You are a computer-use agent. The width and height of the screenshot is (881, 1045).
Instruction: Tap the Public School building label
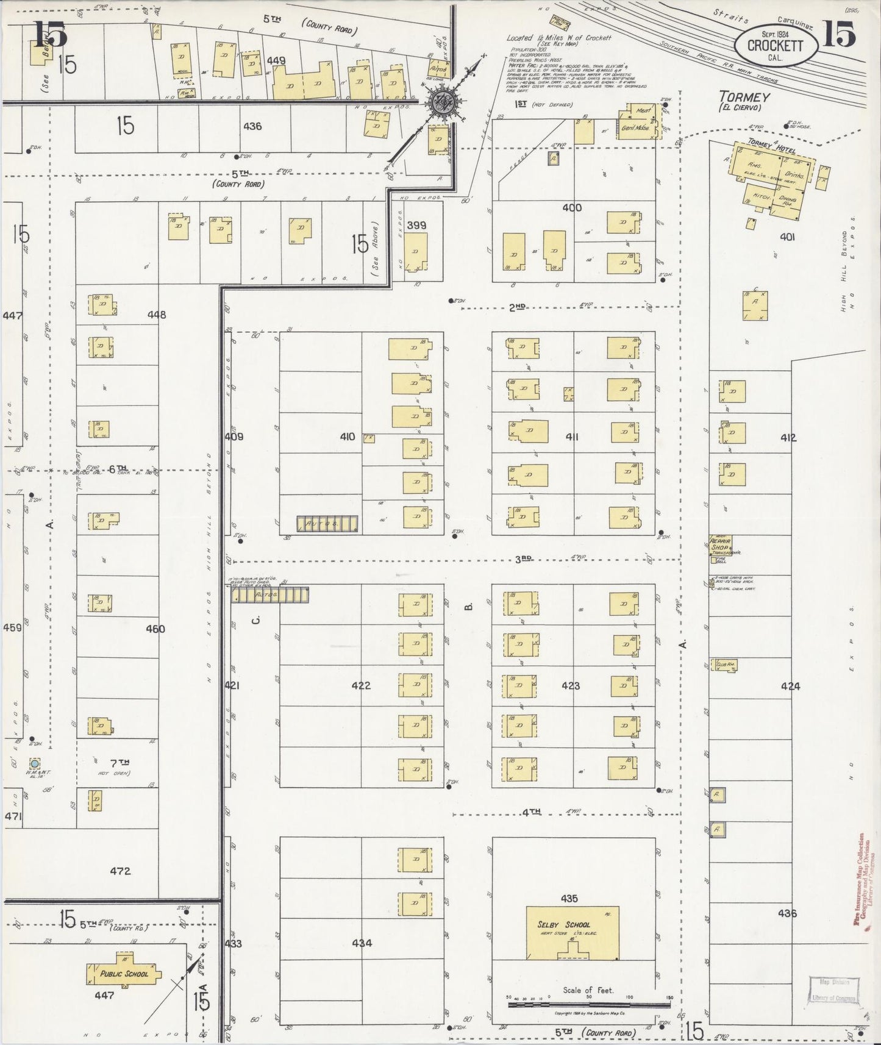tap(124, 974)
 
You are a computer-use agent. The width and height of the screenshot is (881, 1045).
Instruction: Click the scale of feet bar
tap(589, 1004)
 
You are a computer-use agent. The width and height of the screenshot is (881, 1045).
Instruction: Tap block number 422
tap(361, 685)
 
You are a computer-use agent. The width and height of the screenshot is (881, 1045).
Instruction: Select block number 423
tap(571, 685)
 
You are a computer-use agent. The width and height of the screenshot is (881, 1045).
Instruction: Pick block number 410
tap(348, 437)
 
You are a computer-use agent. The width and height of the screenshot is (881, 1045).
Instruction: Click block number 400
tap(572, 208)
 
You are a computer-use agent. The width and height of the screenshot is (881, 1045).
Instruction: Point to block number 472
tap(120, 871)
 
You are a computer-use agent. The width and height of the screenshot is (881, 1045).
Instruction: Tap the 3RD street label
tap(523, 558)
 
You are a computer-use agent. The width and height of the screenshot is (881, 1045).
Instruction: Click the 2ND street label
tap(517, 307)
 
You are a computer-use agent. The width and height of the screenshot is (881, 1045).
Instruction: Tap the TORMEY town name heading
tap(744, 97)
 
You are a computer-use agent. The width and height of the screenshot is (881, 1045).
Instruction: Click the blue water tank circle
tap(35, 763)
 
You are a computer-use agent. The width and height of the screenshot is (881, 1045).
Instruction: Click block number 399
tap(416, 226)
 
